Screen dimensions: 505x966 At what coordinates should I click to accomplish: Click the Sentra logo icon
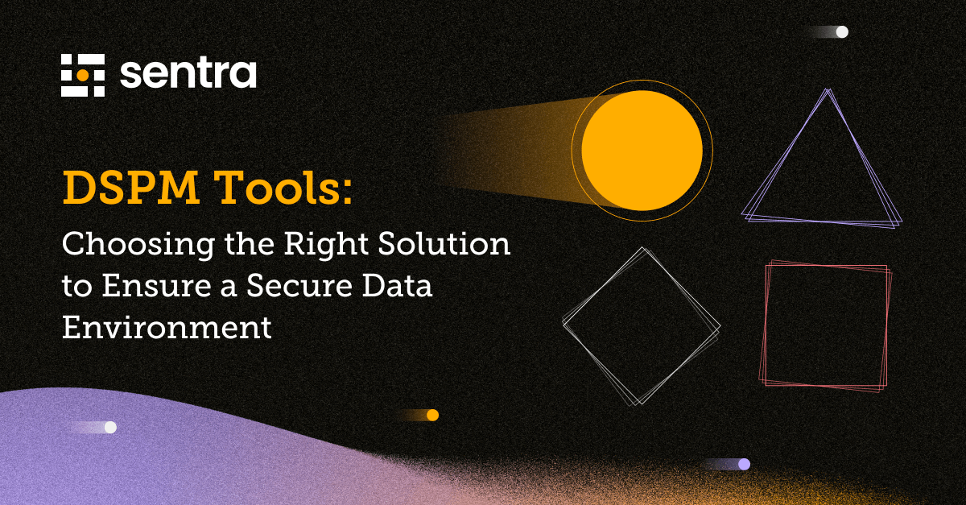(83, 76)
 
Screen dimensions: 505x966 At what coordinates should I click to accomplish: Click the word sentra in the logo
(188, 74)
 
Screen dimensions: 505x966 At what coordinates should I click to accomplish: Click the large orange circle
(642, 150)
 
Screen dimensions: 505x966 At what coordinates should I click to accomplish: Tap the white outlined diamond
(642, 326)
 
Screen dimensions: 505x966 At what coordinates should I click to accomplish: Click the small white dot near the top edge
(842, 32)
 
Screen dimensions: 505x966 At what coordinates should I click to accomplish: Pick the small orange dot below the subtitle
(432, 415)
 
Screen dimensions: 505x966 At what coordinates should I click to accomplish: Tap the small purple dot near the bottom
(744, 464)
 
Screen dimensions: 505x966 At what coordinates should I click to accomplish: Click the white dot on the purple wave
(110, 427)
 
